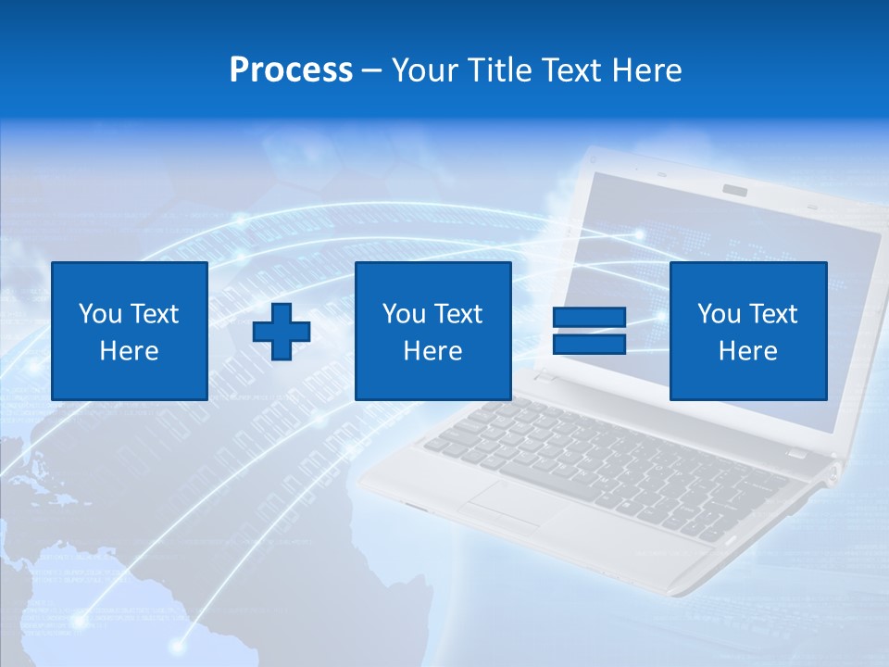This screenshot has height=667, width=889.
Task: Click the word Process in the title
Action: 291,70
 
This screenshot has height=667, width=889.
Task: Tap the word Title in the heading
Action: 499,70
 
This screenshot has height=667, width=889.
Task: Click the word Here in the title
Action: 645,70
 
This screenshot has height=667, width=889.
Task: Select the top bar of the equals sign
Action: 589,318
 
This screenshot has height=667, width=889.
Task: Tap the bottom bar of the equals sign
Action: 589,344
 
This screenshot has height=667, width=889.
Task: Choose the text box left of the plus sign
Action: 130,331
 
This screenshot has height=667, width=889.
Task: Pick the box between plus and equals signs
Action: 432,331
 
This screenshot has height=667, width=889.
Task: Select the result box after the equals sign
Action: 747,331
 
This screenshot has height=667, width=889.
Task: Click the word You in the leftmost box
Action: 100,314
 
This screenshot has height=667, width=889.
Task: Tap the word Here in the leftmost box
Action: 130,351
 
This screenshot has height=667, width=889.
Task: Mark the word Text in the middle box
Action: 457,314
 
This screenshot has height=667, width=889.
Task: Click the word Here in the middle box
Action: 432,351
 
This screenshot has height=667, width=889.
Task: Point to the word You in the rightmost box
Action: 719,314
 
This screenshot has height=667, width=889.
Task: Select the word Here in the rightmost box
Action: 747,351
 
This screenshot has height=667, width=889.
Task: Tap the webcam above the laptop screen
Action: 735,190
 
